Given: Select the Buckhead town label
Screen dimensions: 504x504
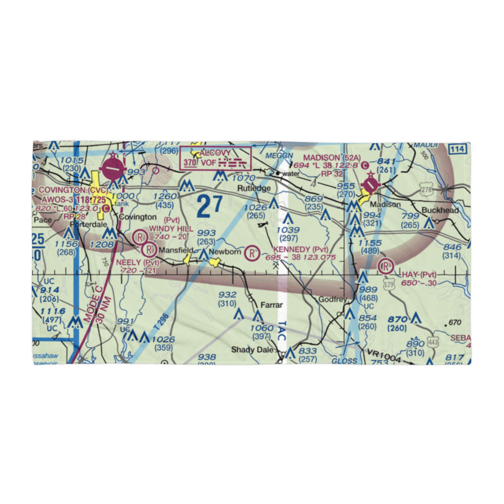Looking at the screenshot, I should (441, 211).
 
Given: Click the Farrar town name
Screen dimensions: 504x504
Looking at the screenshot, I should (272, 305).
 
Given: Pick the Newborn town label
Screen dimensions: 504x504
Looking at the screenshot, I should (225, 251).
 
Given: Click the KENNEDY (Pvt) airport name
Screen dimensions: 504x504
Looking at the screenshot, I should (301, 249).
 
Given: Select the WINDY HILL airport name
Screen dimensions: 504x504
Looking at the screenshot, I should (171, 229).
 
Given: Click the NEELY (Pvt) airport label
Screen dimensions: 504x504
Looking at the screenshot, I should (138, 263).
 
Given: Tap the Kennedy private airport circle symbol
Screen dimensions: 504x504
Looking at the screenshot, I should (251, 253).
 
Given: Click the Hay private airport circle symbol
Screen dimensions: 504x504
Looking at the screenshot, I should (386, 265).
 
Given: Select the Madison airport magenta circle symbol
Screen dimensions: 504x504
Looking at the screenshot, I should (371, 185).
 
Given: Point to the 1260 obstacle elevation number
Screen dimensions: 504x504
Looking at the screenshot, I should (165, 196).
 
